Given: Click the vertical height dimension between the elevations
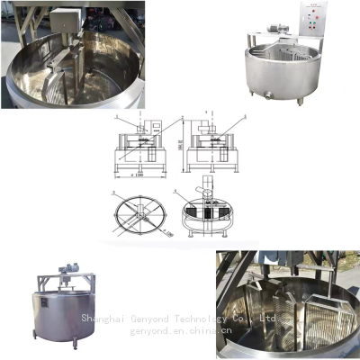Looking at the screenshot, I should [179, 143].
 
